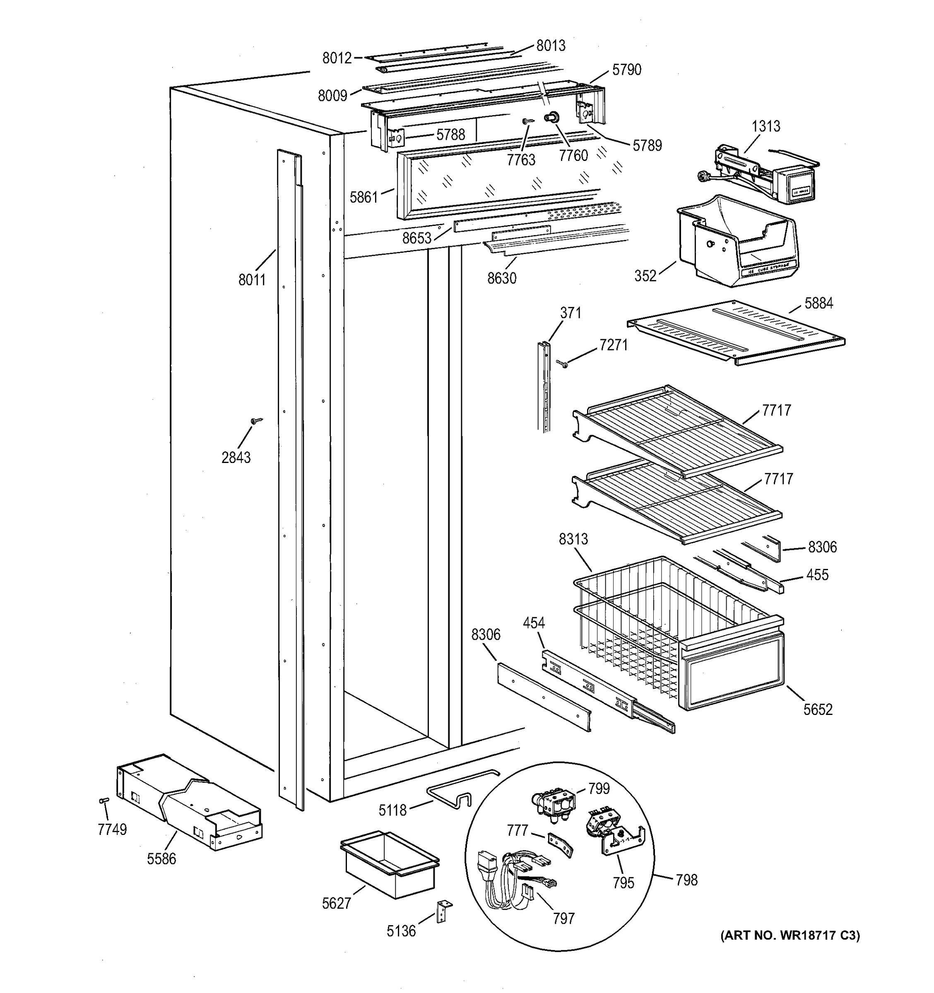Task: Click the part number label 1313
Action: (x=765, y=126)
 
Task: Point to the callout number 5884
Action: (x=818, y=303)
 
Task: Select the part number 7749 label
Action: (x=112, y=829)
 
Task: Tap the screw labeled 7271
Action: (x=562, y=363)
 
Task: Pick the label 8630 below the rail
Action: (x=502, y=278)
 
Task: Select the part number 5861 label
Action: (x=363, y=197)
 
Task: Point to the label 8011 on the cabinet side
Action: (x=252, y=280)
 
